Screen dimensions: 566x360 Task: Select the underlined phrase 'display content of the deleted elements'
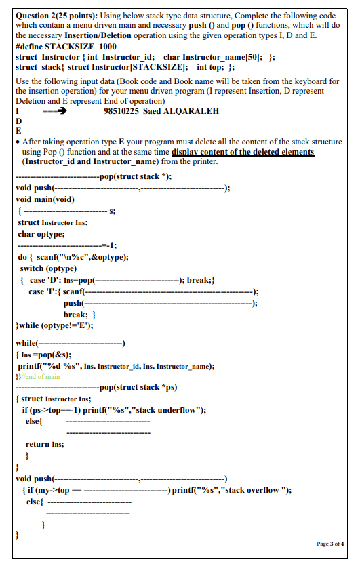pyautogui.click(x=243, y=152)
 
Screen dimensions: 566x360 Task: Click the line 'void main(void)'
pyautogui.click(x=45, y=199)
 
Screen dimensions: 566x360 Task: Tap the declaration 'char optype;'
pyautogui.click(x=41, y=234)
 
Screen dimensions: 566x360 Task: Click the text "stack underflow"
pyautogui.click(x=171, y=410)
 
